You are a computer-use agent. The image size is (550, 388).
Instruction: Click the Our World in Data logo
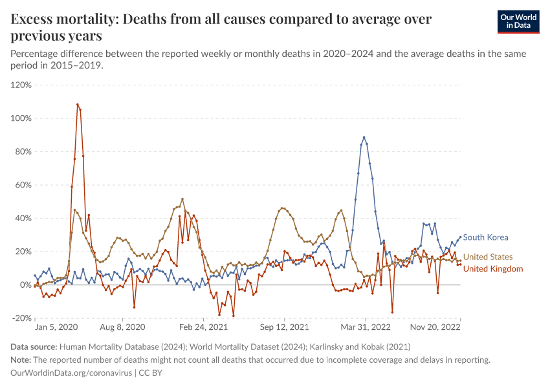[x=523, y=21]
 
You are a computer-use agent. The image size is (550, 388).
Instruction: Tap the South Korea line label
[x=485, y=237]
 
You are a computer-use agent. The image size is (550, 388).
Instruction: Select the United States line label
[x=488, y=257]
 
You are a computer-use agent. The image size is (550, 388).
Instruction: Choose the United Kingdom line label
[x=493, y=269]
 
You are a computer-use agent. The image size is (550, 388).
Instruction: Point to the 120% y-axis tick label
[x=21, y=85]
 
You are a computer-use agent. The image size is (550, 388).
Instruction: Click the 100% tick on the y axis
[x=21, y=118]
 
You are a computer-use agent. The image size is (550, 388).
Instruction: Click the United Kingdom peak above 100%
[x=78, y=104]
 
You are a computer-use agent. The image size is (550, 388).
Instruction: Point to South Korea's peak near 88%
[x=364, y=137]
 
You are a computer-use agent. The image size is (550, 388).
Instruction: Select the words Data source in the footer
[x=32, y=347]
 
